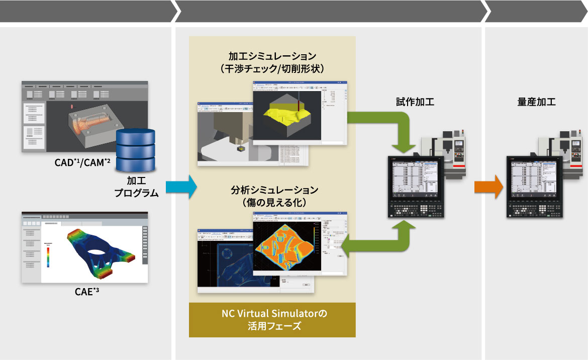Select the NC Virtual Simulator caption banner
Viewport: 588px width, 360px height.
click(272, 320)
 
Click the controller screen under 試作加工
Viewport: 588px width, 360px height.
click(415, 181)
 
